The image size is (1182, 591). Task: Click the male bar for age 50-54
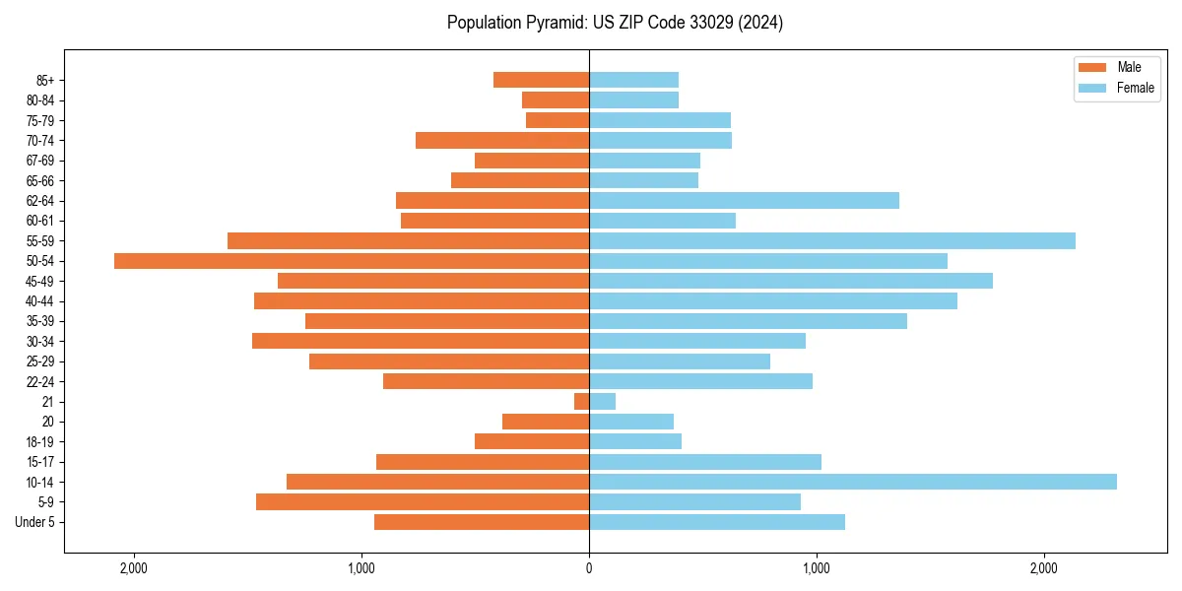tap(352, 261)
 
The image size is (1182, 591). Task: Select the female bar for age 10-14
tap(853, 482)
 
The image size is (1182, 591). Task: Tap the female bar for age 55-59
tap(832, 240)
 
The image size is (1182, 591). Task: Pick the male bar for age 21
tap(582, 402)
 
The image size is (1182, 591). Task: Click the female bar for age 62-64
tap(744, 201)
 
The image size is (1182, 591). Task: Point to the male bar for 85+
tap(541, 80)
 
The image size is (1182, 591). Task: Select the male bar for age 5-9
tap(423, 502)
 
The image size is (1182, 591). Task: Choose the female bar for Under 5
tap(717, 522)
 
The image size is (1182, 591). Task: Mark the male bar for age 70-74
tap(502, 141)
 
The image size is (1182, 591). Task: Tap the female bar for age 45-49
tap(791, 281)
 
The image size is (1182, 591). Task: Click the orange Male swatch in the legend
tap(1092, 67)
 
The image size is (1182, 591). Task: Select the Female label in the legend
tap(1136, 88)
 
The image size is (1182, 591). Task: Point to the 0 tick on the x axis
tap(589, 568)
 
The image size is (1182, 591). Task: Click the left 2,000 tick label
tap(134, 568)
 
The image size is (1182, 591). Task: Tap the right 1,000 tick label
tap(816, 568)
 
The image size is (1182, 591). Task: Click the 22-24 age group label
tap(40, 382)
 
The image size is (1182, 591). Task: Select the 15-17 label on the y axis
tap(40, 462)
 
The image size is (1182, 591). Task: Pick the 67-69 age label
tap(40, 161)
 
